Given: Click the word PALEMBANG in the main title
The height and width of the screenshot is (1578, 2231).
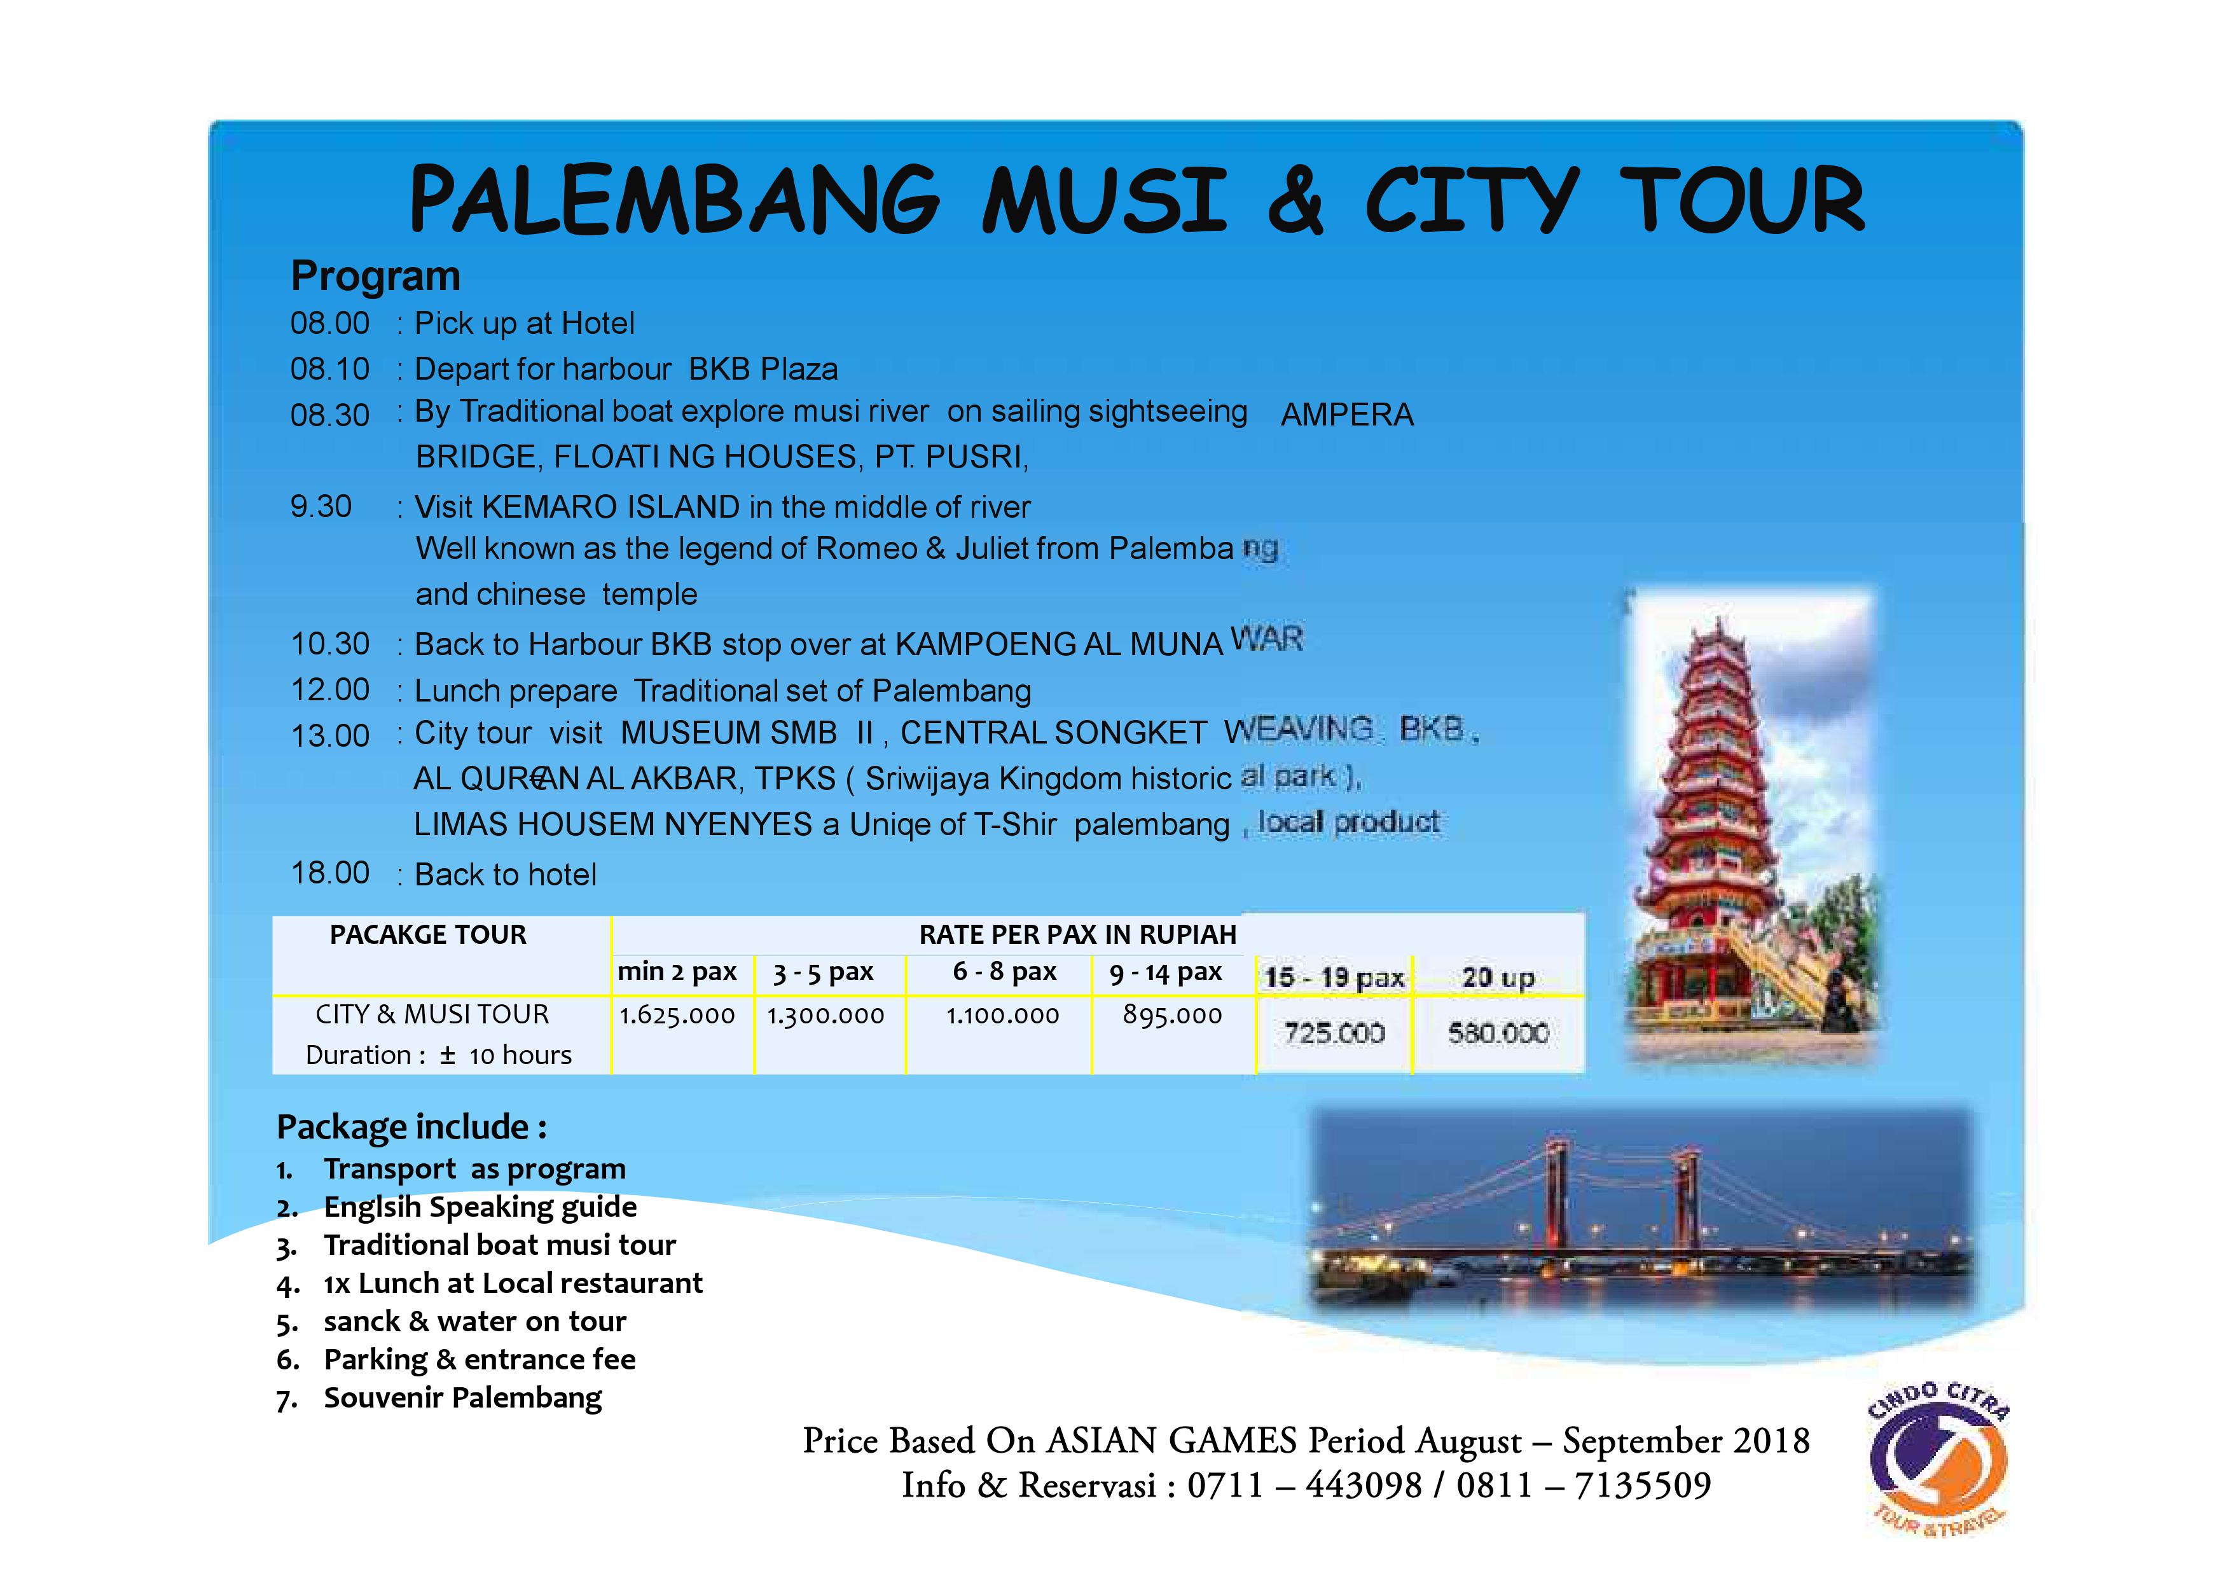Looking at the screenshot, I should [x=674, y=200].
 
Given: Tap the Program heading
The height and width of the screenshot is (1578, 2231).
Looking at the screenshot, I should [x=375, y=276].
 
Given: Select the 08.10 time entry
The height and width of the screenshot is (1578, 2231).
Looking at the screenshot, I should [x=330, y=370].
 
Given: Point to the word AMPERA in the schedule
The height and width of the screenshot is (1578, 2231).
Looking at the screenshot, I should [x=1347, y=415].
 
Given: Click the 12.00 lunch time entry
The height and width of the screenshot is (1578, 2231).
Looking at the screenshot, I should [x=330, y=690].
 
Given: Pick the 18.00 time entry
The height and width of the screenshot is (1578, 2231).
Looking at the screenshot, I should [x=330, y=873].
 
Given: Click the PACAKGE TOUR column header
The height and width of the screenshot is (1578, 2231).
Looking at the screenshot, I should [x=427, y=935].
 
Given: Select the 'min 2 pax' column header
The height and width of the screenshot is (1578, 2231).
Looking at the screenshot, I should [x=677, y=972].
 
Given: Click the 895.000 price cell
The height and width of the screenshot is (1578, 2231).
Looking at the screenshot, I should [x=1172, y=1015].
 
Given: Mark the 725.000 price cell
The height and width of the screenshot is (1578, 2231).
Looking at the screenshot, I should [x=1334, y=1033].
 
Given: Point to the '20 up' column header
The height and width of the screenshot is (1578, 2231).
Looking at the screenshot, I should [x=1498, y=978].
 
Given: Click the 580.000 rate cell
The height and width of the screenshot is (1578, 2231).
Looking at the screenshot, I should [x=1498, y=1033].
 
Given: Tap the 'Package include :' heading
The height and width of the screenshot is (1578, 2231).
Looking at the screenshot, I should [x=411, y=1127].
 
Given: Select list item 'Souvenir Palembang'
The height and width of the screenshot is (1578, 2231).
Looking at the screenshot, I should [x=462, y=1398].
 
